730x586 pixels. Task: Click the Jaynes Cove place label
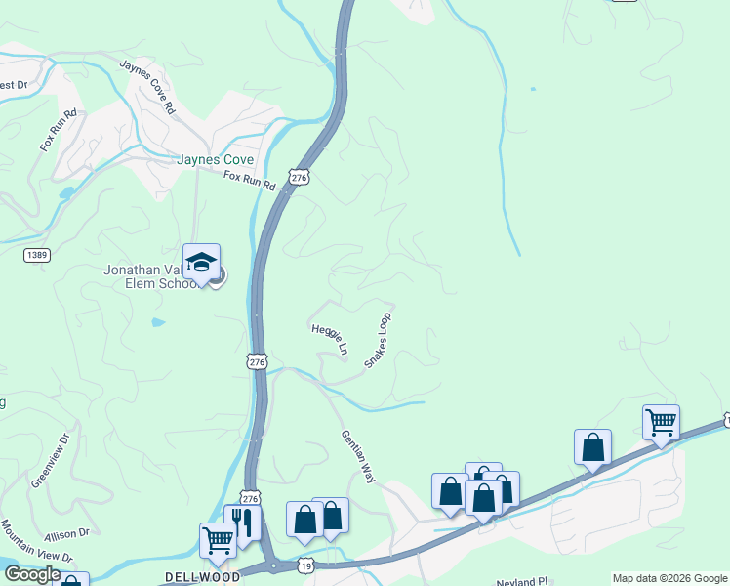point(215,159)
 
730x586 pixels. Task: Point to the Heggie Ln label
point(329,339)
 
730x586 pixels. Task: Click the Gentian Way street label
point(358,457)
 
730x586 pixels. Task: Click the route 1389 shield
point(36,254)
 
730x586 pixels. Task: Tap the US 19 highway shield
point(305,566)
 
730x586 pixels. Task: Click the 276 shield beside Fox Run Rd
point(299,178)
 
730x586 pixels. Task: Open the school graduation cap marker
point(201,262)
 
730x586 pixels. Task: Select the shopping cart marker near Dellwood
point(217,539)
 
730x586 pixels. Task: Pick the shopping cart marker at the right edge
point(661,423)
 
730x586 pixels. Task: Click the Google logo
point(32,574)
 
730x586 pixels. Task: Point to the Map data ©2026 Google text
point(669,578)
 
